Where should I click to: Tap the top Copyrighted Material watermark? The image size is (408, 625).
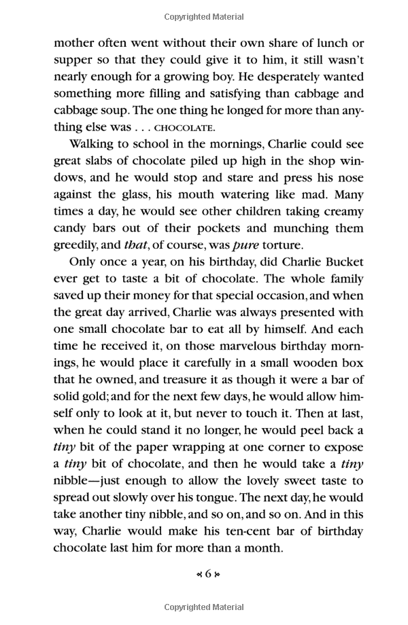pyautogui.click(x=203, y=14)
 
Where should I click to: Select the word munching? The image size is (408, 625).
pyautogui.click(x=294, y=229)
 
